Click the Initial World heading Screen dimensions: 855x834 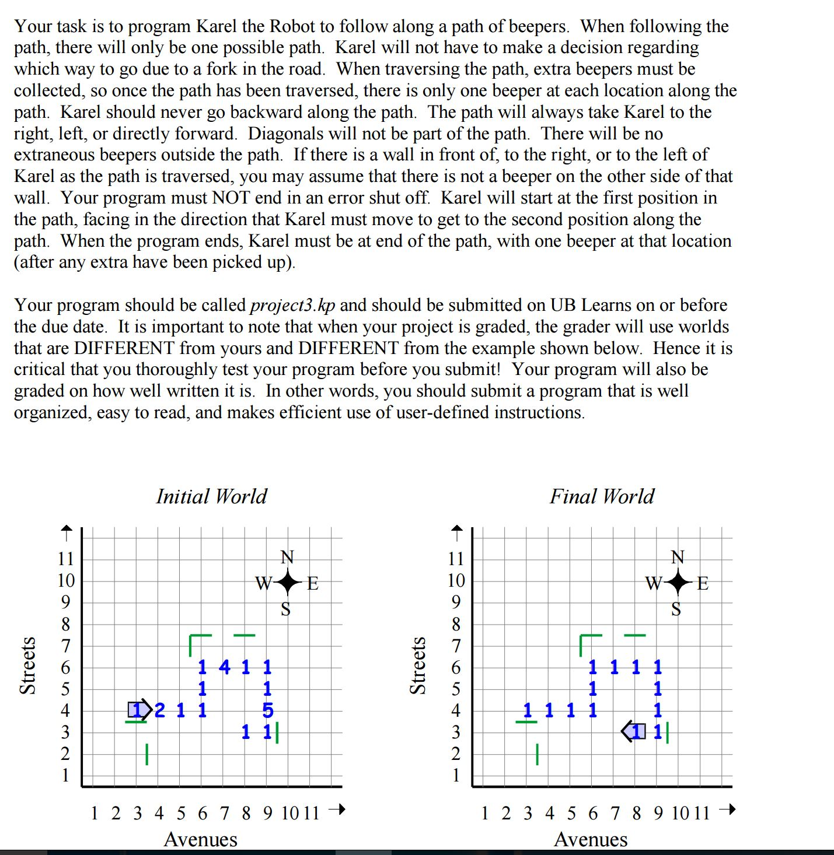[x=211, y=496]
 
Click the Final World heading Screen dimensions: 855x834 [x=602, y=496]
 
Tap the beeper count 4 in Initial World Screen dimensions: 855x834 [x=225, y=667]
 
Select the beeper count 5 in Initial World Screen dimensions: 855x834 [x=267, y=710]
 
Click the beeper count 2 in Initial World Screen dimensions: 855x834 [x=160, y=710]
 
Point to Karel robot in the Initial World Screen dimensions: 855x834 [x=139, y=710]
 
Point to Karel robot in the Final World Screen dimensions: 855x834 [x=634, y=731]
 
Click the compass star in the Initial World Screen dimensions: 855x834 [x=287, y=583]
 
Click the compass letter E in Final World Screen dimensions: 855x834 [x=703, y=583]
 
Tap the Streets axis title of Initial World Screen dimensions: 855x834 [x=27, y=665]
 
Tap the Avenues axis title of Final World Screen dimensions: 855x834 [x=591, y=839]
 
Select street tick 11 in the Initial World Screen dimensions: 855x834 [x=65, y=559]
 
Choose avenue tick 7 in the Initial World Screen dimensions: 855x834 [x=225, y=813]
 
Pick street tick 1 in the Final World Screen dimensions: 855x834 [x=456, y=776]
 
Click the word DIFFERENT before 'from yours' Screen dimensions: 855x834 [x=124, y=348]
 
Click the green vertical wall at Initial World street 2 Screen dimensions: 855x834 [x=147, y=754]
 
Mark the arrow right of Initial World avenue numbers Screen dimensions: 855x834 [x=337, y=810]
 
